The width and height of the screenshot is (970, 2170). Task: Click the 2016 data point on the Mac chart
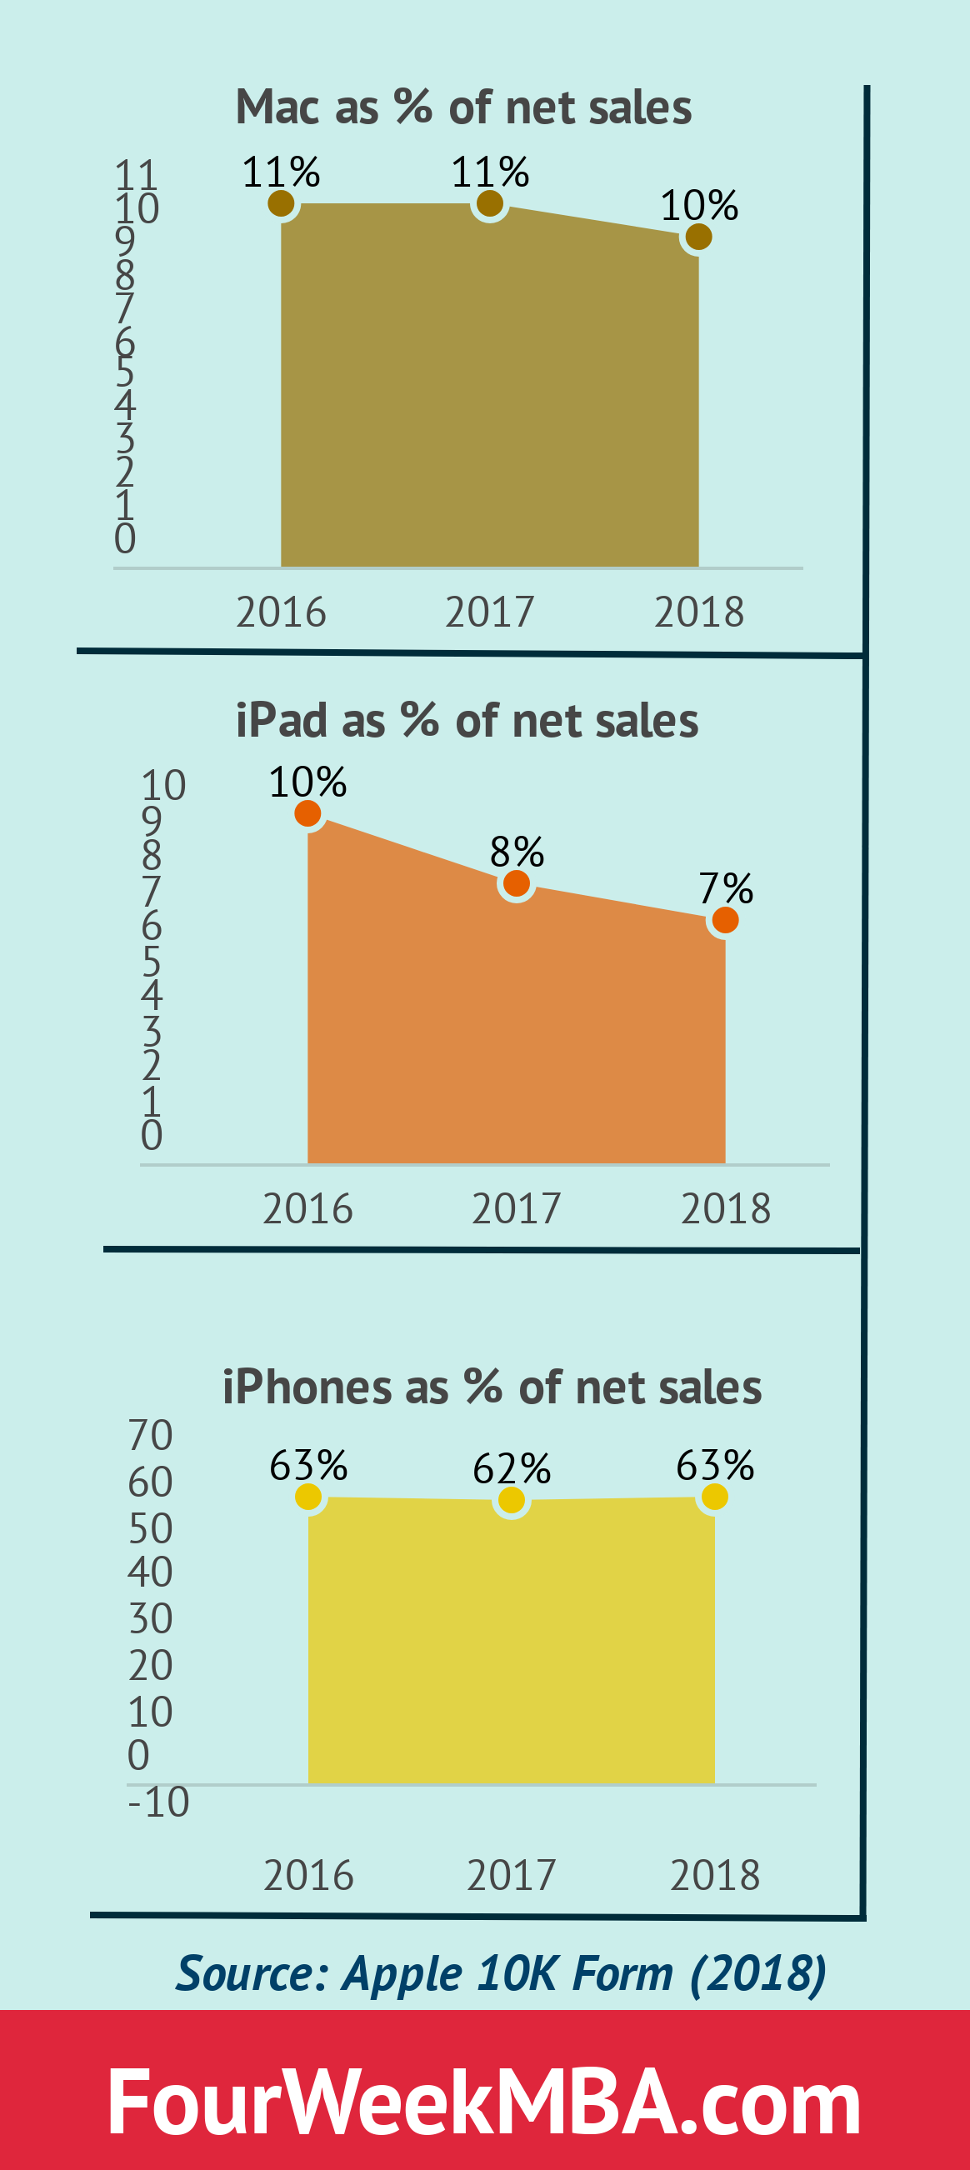281,203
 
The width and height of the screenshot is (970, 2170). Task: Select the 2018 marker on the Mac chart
698,237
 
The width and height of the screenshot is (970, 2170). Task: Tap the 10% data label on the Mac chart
698,205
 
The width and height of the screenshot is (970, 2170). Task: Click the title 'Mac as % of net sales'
463,107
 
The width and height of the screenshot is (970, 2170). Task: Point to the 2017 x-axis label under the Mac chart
490,612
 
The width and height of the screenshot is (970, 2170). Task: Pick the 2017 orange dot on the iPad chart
517,883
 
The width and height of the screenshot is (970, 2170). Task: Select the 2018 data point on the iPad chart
725,920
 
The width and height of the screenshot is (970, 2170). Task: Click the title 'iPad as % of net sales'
467,721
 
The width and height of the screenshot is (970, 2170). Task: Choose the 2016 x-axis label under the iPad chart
307,1209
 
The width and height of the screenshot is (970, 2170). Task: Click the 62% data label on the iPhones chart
512,1469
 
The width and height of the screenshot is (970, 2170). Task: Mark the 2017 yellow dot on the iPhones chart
512,1500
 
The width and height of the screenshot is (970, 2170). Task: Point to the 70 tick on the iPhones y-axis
150,1436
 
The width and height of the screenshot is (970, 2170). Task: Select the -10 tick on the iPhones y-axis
158,1802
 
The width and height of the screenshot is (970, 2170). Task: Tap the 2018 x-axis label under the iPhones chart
715,1876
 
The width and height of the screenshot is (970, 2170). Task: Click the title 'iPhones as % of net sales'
492,1387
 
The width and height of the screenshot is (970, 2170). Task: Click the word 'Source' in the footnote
251,1972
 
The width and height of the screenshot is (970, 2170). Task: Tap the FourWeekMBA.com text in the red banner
484,2102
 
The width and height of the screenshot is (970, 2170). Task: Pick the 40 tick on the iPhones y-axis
150,1572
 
